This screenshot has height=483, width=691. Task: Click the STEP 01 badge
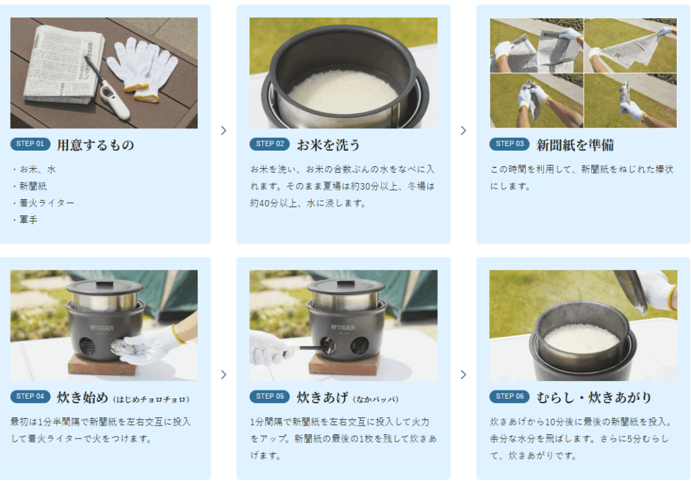30,144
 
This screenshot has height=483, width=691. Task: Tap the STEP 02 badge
269,144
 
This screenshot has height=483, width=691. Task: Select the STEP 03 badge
509,144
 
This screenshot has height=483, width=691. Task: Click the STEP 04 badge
30,397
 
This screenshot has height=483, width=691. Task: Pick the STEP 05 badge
269,397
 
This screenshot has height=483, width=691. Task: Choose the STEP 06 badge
509,397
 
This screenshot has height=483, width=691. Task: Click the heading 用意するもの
95,145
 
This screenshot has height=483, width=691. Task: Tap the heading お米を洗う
329,145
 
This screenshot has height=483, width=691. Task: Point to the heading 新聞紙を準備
575,145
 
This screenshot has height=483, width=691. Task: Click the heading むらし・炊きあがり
594,397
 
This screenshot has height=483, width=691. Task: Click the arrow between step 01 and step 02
223,130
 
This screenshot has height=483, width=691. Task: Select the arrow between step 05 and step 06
463,374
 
